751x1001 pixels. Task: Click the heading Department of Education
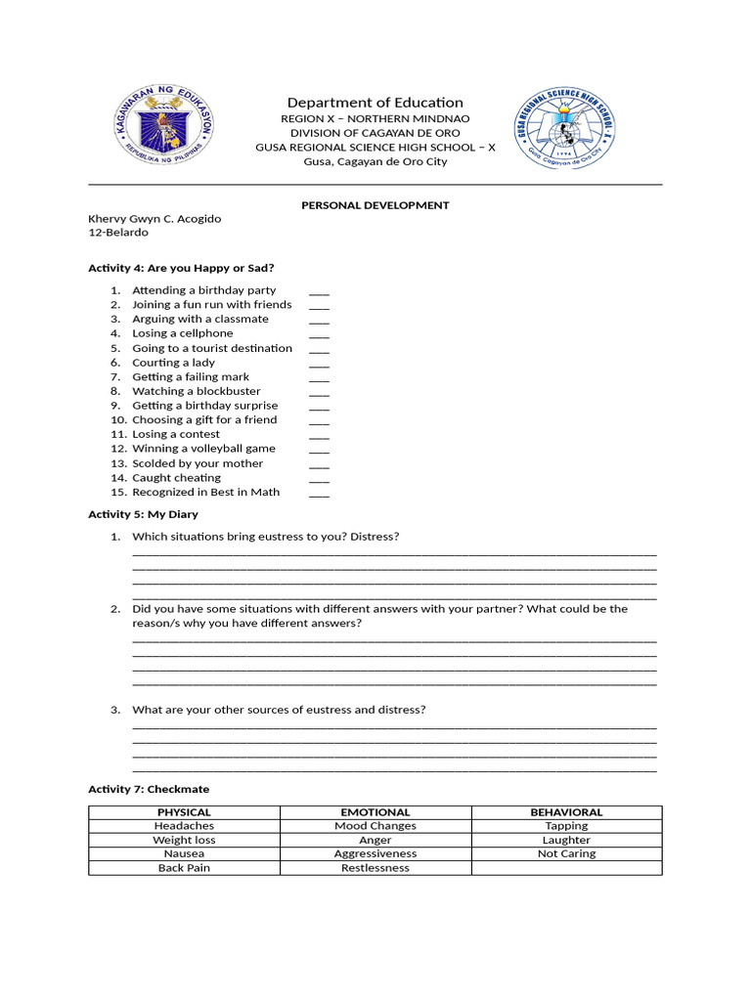pos(375,103)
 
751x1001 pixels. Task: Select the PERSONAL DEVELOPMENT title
pos(375,205)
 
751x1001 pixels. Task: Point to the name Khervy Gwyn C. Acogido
pos(155,219)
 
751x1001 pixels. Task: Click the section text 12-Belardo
pos(118,233)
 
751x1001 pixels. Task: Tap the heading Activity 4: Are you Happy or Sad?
pos(181,268)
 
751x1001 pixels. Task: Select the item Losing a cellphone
pos(183,333)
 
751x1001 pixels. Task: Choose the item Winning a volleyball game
pos(204,449)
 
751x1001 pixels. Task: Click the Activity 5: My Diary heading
pos(143,514)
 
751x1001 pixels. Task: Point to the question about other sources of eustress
pos(279,710)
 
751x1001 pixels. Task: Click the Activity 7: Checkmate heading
pos(149,789)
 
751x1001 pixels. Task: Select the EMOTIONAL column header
pos(375,812)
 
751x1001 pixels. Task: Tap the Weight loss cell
pos(184,840)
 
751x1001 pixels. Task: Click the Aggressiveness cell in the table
pos(375,853)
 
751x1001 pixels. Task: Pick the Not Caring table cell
pos(566,853)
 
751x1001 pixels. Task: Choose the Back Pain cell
pos(184,868)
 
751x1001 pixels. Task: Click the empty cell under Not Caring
pos(566,868)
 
